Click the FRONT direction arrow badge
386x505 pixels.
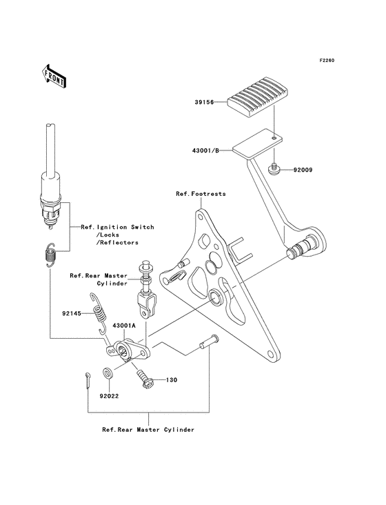point(54,75)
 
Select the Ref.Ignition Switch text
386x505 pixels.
point(118,227)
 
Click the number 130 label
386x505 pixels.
point(172,380)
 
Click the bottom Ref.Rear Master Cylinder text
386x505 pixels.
point(148,429)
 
